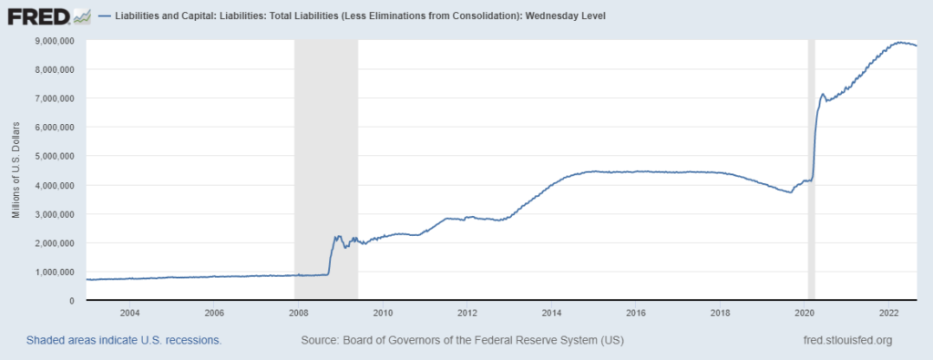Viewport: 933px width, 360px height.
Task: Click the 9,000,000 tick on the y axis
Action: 55,41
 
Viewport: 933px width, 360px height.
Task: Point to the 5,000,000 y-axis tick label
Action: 55,156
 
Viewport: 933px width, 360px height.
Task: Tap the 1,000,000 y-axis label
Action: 55,272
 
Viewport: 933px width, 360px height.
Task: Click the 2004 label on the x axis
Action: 128,312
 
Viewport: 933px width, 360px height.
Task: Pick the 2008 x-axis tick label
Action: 297,312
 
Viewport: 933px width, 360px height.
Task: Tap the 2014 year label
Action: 551,312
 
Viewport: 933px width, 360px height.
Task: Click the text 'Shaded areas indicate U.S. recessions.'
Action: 124,340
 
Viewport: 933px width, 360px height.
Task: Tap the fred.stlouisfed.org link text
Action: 843,340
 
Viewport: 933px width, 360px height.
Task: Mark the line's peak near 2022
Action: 901,42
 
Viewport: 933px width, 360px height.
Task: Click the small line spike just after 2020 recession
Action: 823,94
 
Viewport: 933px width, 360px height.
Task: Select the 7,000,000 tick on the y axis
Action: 55,98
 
